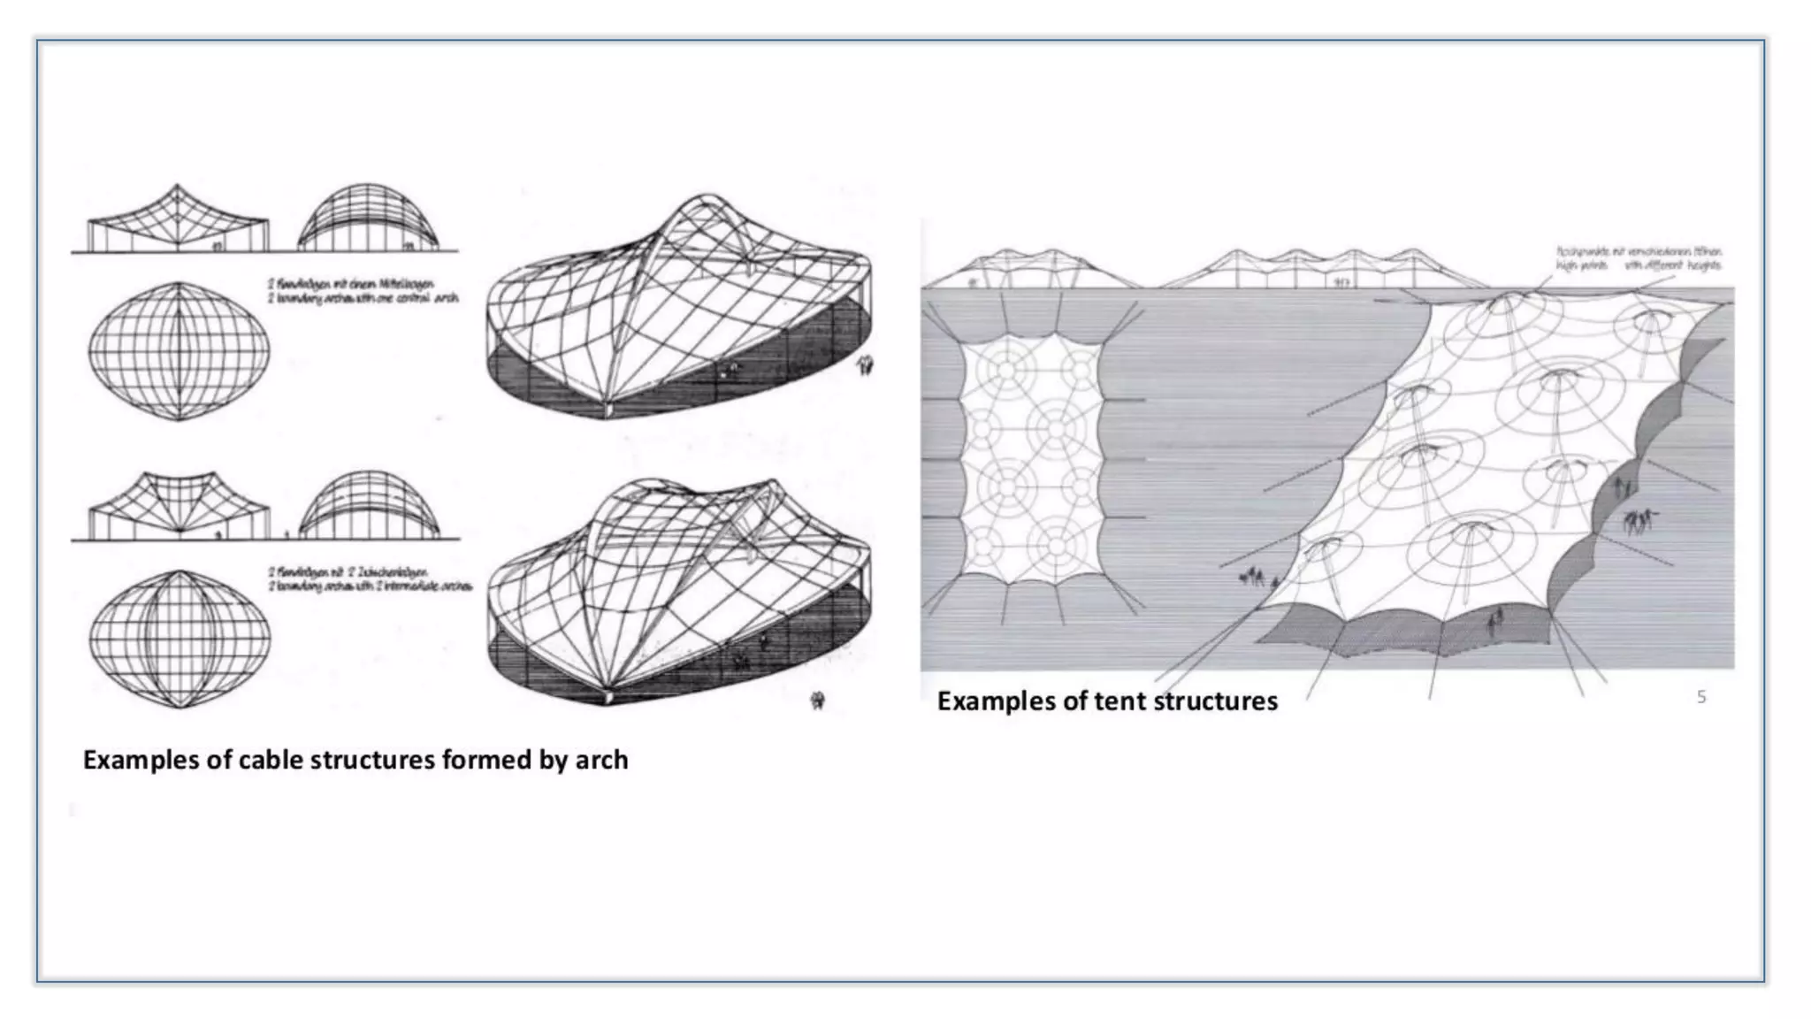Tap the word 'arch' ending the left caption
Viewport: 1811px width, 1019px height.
pyautogui.click(x=601, y=760)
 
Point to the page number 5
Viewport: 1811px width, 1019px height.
pyautogui.click(x=1700, y=697)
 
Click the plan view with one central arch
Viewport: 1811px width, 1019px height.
pyautogui.click(x=179, y=351)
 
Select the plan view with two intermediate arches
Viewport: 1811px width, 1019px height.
pyautogui.click(x=180, y=639)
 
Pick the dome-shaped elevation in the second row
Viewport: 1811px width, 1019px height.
pyautogui.click(x=368, y=506)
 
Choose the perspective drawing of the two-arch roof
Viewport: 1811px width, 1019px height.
pyautogui.click(x=679, y=593)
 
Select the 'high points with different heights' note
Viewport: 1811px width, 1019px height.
pyautogui.click(x=1639, y=258)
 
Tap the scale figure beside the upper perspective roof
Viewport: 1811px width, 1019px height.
pyautogui.click(x=865, y=364)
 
